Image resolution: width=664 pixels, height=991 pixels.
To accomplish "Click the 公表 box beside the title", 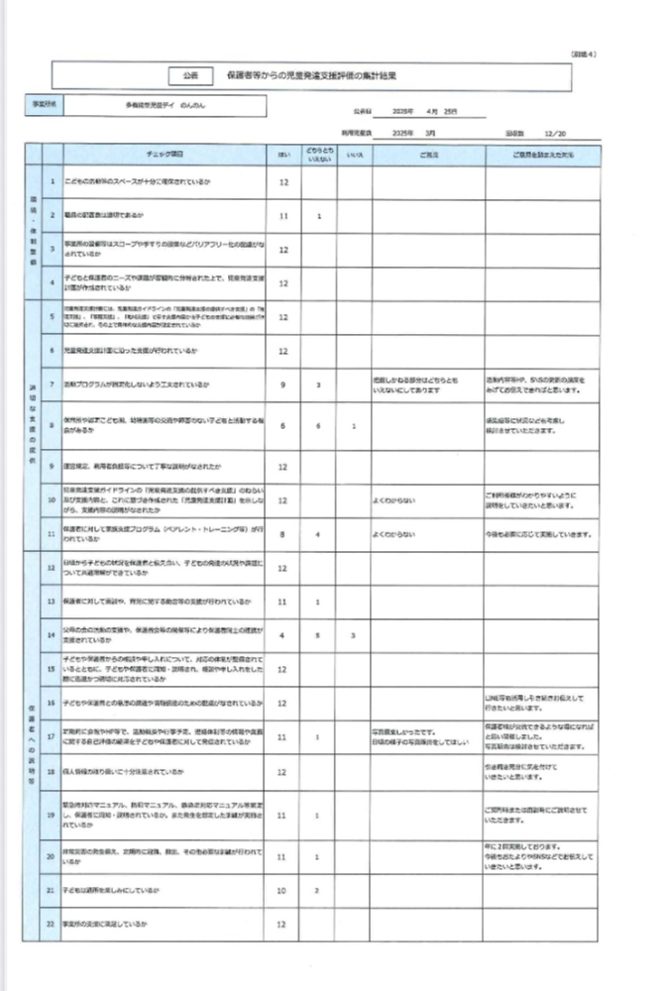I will (191, 75).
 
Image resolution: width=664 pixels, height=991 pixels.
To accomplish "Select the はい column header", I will (283, 155).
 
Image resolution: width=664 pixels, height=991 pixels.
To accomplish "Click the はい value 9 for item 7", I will (283, 384).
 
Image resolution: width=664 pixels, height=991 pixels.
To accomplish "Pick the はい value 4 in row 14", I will (283, 634).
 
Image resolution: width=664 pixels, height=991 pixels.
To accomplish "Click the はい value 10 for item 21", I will (283, 891).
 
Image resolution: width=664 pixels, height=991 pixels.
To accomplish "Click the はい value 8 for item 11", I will (283, 534).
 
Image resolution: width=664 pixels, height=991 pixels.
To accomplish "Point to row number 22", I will (51, 924).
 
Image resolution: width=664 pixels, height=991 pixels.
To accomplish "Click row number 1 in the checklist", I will (51, 182).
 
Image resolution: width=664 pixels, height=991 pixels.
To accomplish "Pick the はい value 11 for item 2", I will (283, 215).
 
